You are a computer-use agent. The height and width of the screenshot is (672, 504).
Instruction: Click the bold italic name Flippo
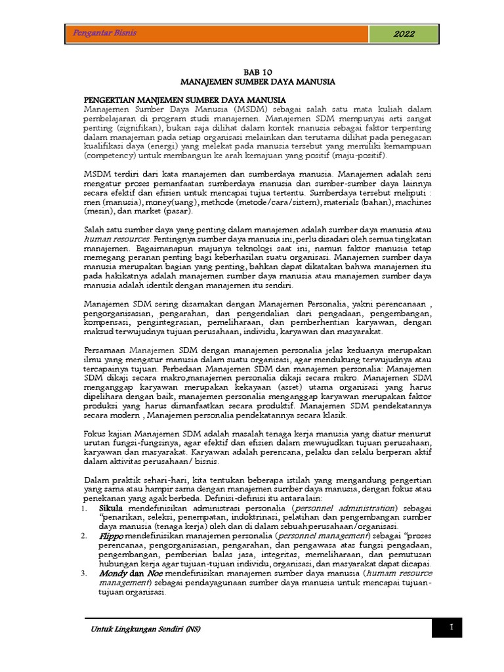tap(111, 535)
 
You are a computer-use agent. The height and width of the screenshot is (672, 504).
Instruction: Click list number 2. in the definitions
tap(85, 535)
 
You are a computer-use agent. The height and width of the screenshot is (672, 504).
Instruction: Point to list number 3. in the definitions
tap(85, 573)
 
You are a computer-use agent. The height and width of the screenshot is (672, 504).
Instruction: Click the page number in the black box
tap(451, 629)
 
